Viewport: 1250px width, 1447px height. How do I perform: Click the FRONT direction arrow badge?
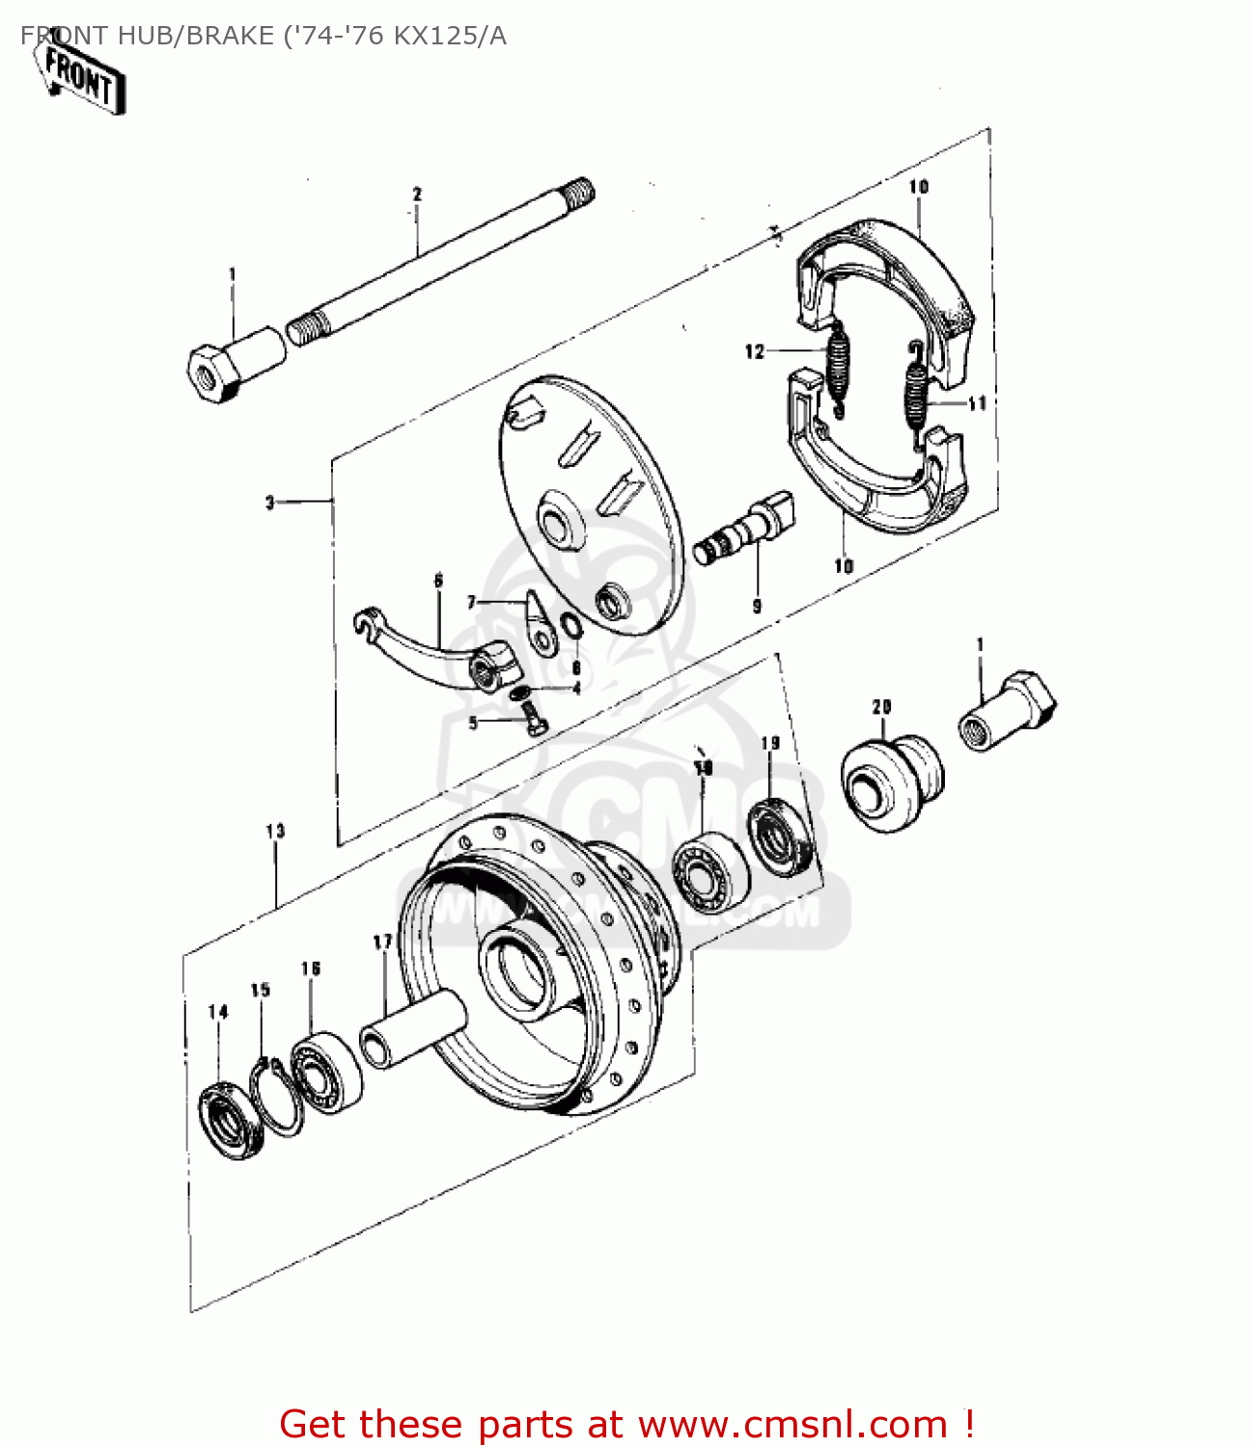coord(81,77)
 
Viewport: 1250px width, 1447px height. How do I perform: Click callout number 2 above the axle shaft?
coord(417,194)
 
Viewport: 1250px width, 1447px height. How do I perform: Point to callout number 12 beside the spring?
coord(754,351)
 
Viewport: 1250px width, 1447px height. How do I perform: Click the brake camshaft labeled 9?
coord(745,530)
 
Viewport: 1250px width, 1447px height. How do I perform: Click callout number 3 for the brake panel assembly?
coord(270,502)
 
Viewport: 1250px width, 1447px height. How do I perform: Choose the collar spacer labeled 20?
coord(890,781)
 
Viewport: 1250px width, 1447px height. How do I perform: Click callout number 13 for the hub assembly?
coord(275,831)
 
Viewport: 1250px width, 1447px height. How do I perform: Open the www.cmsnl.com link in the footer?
coord(792,1424)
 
